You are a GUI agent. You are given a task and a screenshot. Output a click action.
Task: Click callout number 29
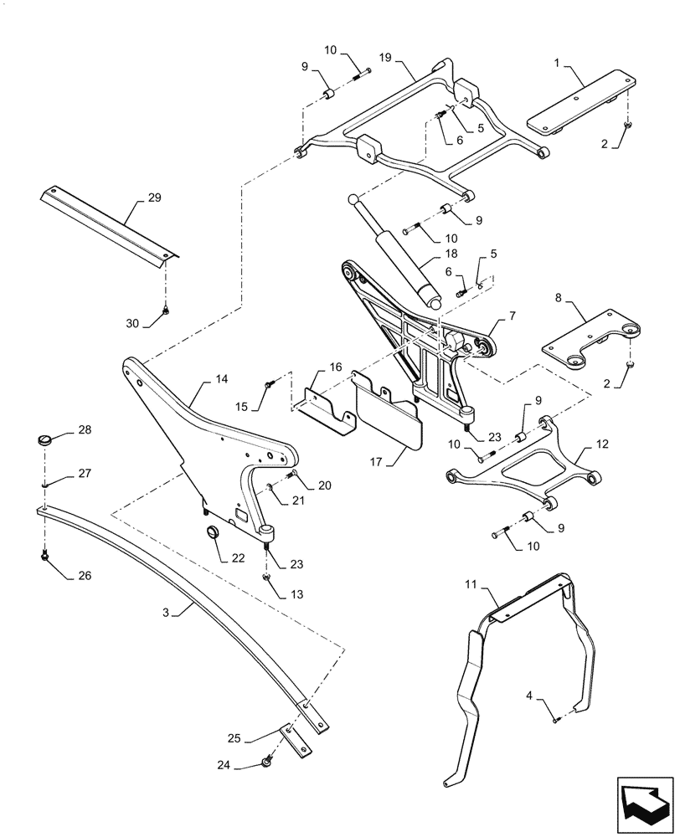[154, 198]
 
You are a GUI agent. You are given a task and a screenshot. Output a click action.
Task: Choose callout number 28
[85, 430]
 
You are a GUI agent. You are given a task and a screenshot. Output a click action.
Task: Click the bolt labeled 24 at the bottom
[266, 761]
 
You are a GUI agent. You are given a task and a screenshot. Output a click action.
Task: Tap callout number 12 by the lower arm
[603, 444]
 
